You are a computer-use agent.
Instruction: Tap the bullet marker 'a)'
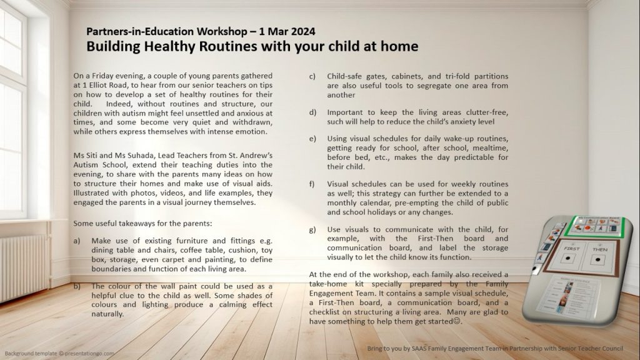77,240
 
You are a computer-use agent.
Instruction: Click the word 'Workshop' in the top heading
204,31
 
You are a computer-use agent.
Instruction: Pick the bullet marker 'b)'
77,286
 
